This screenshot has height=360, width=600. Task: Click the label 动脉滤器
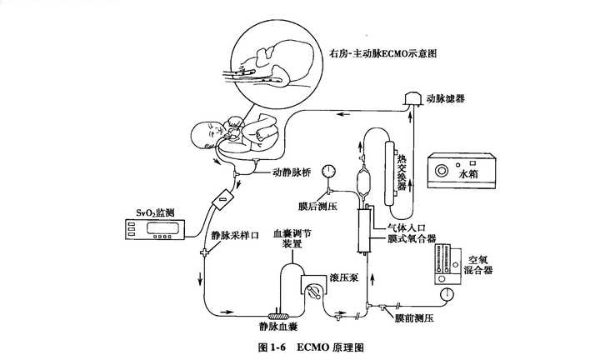(x=446, y=98)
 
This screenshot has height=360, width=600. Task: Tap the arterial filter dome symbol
(x=412, y=98)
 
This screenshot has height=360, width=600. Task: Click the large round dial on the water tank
(x=441, y=171)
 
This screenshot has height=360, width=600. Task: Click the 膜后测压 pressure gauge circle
(x=328, y=171)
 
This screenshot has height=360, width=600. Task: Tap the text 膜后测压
(x=318, y=207)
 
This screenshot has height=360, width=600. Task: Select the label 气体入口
(x=407, y=227)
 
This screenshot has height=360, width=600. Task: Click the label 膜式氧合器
(x=412, y=238)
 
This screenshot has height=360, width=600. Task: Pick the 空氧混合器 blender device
(x=448, y=264)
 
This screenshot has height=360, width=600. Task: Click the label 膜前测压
(x=415, y=318)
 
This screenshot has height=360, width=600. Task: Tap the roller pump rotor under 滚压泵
(x=314, y=291)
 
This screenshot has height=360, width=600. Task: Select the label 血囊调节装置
(x=292, y=238)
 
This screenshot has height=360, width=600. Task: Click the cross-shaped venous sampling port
(x=204, y=252)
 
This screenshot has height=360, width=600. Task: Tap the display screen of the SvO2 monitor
(x=163, y=228)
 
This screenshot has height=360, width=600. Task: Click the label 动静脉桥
(x=292, y=172)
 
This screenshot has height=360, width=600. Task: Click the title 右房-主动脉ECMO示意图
(x=382, y=53)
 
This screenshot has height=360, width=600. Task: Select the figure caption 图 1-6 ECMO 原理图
(x=311, y=347)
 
